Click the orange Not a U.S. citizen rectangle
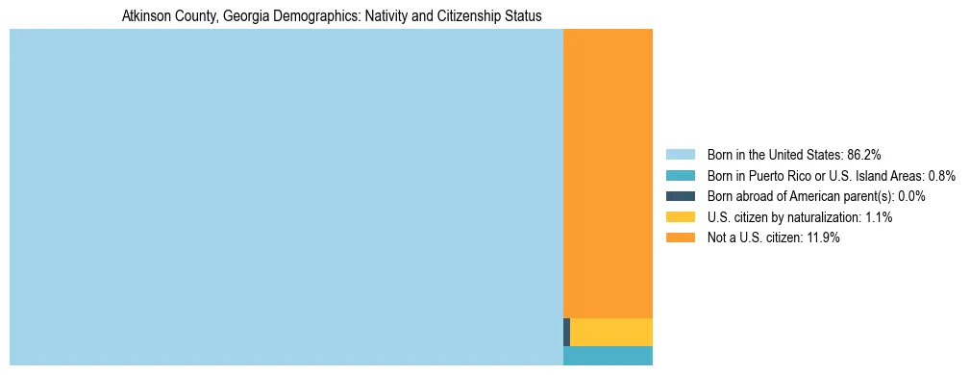(x=608, y=173)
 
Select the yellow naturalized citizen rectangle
(x=611, y=332)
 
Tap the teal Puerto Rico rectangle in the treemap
(x=608, y=356)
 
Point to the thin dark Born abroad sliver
(x=566, y=332)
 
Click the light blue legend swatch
(x=680, y=154)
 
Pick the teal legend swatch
(x=680, y=175)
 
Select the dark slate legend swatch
(x=680, y=196)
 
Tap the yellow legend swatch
(x=680, y=217)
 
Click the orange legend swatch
(x=680, y=237)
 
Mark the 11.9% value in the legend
(x=822, y=237)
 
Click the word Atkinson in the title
(x=145, y=16)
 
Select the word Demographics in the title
(x=303, y=16)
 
